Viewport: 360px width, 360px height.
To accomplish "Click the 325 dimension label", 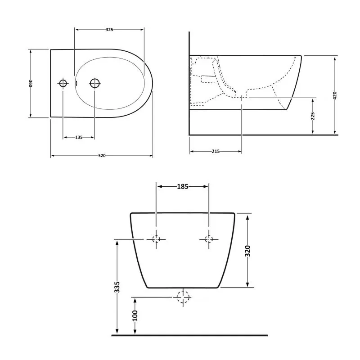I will click(x=109, y=30).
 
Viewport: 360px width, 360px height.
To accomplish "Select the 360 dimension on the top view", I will click(x=31, y=83).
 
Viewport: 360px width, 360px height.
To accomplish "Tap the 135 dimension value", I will click(x=79, y=138).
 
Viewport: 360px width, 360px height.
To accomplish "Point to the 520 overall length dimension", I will click(x=102, y=156).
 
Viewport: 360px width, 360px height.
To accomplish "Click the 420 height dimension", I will click(x=335, y=95).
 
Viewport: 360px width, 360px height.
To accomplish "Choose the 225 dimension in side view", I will click(x=313, y=116).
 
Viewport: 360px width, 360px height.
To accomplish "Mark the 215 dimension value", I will click(x=215, y=152).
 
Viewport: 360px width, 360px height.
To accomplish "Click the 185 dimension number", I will click(x=182, y=186).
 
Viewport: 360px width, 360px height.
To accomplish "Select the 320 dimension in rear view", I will click(x=247, y=251).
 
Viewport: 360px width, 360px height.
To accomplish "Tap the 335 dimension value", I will click(x=117, y=287).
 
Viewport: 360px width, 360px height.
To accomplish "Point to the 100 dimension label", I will click(x=135, y=315).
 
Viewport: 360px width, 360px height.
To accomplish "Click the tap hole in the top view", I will click(x=63, y=83).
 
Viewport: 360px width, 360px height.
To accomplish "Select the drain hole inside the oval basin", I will click(x=94, y=83).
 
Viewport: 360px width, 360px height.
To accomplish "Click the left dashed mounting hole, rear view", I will click(x=156, y=239).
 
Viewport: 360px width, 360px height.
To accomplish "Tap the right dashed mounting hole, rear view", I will click(x=209, y=239).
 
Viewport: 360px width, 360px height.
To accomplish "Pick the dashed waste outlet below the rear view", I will click(x=183, y=297).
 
